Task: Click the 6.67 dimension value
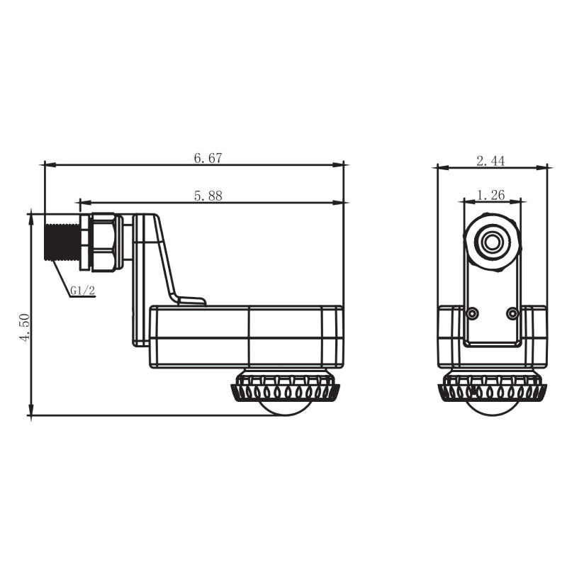click(208, 158)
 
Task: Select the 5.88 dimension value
click(208, 196)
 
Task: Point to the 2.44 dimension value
click(490, 161)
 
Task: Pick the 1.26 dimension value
click(490, 194)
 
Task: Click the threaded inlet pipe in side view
click(62, 242)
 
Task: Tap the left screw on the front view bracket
click(472, 313)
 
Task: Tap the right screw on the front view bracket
click(512, 313)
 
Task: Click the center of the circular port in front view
click(492, 242)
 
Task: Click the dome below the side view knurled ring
click(283, 408)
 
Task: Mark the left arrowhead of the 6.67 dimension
click(47, 164)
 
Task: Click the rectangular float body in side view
click(246, 337)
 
